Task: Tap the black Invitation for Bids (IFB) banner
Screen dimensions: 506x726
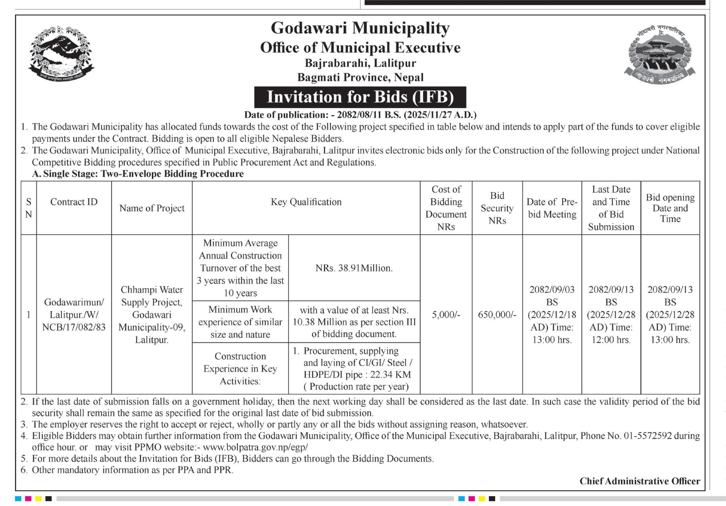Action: tap(360, 97)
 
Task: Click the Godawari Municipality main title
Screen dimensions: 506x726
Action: tap(360, 28)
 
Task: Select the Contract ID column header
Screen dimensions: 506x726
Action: tap(74, 202)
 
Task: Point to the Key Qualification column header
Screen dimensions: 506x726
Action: tap(306, 202)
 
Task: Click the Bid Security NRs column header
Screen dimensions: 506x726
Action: tap(497, 208)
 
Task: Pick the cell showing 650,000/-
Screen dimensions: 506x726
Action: tap(497, 315)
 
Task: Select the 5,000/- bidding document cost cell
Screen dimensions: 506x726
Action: tap(446, 315)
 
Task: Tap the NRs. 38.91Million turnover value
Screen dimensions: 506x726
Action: tap(354, 268)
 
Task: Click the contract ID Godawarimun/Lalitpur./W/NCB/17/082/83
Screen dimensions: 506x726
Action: tap(74, 315)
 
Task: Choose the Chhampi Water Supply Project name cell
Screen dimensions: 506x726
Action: tap(152, 315)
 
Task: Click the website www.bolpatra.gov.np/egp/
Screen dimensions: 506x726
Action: tap(255, 447)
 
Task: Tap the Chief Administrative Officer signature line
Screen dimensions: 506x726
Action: tap(640, 481)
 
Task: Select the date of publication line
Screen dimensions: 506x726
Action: tap(360, 115)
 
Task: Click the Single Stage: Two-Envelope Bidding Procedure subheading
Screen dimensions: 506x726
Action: tap(138, 174)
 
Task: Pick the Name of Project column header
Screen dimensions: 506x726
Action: tap(152, 208)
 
